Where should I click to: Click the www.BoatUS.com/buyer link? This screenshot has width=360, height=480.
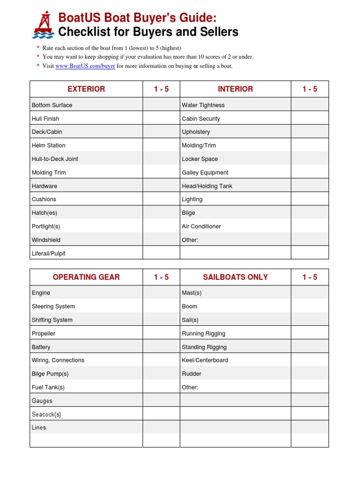pyautogui.click(x=85, y=66)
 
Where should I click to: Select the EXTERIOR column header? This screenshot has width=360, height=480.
pyautogui.click(x=86, y=89)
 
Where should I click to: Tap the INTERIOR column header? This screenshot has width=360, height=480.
pyautogui.click(x=235, y=89)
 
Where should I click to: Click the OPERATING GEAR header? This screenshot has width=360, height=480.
pyautogui.click(x=86, y=277)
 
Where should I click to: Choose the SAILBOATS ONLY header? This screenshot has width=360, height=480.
pyautogui.click(x=235, y=277)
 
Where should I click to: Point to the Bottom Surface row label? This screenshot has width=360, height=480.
pyautogui.click(x=52, y=105)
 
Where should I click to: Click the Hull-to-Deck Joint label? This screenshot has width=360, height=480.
pyautogui.click(x=55, y=159)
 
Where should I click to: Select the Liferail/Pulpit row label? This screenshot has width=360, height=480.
pyautogui.click(x=49, y=254)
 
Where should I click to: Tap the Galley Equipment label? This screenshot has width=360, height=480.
pyautogui.click(x=205, y=172)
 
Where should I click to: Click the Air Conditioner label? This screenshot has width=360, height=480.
pyautogui.click(x=201, y=226)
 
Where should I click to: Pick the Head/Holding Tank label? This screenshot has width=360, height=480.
pyautogui.click(x=207, y=186)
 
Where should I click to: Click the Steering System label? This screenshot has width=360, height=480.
pyautogui.click(x=53, y=307)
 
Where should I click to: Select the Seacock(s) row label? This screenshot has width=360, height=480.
pyautogui.click(x=46, y=414)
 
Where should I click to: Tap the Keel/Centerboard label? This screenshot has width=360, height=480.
pyautogui.click(x=205, y=360)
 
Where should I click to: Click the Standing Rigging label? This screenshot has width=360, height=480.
pyautogui.click(x=204, y=347)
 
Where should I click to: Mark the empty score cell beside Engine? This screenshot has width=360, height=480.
pyautogui.click(x=161, y=293)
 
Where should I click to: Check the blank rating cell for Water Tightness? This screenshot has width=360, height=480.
pyautogui.click(x=309, y=105)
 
